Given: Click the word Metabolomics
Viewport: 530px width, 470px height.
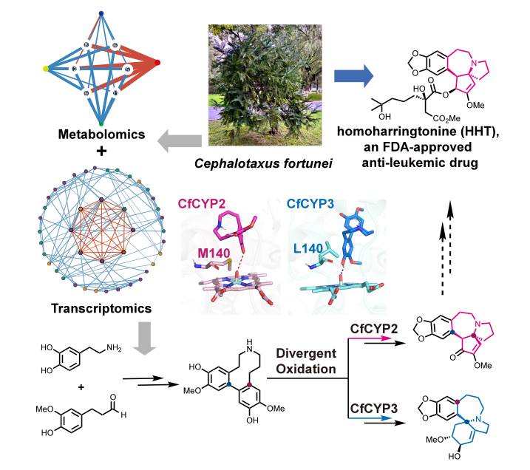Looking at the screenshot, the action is (x=101, y=134).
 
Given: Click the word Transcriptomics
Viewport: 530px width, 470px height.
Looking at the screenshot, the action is (x=101, y=308).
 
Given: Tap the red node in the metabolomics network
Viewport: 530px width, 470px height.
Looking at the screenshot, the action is (x=157, y=63).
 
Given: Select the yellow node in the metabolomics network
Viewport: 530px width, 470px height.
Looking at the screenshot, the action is (x=46, y=69).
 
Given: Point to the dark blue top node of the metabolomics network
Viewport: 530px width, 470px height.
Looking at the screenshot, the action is (x=101, y=13).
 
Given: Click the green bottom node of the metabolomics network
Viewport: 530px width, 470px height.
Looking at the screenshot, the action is (x=101, y=124).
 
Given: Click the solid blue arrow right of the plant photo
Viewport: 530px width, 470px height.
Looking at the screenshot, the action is (x=353, y=76).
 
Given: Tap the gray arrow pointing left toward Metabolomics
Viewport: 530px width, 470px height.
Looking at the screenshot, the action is (x=180, y=141).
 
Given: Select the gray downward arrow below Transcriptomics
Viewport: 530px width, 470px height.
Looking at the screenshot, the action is (x=145, y=338).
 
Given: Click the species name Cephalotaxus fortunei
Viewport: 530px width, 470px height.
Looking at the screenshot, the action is (x=263, y=163).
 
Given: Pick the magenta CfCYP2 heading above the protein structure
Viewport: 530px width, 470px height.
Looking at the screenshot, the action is (x=202, y=204).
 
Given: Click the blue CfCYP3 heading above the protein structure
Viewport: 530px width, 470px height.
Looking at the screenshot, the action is (x=310, y=204).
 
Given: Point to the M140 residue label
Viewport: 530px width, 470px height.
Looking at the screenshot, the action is (x=214, y=253).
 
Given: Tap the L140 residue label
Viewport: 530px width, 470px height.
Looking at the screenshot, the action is (x=308, y=249).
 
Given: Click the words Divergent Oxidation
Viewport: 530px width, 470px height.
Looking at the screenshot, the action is (x=306, y=361).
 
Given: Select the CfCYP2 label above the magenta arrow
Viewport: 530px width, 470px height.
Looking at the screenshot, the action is (x=373, y=329).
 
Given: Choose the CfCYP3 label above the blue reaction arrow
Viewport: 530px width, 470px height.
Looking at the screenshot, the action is (x=373, y=409).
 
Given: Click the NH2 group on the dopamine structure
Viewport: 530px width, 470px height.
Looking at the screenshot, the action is (x=114, y=347).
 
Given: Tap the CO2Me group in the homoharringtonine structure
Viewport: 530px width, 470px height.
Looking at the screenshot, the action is (x=446, y=118).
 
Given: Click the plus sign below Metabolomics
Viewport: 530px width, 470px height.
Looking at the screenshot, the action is (x=101, y=151).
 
